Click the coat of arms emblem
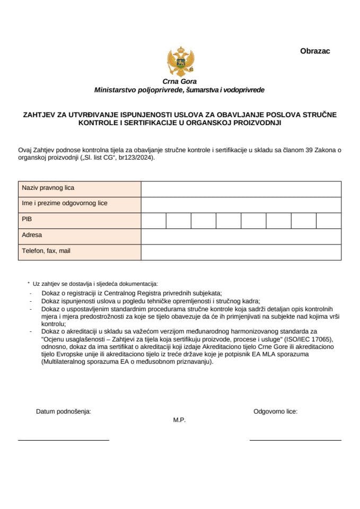179,62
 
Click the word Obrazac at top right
315,51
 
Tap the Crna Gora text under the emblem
180,82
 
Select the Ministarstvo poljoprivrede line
179,90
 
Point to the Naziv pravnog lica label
48,188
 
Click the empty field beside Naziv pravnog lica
241,189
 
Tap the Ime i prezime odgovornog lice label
65,204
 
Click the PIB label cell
27,220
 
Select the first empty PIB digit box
153,220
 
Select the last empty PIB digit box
328,220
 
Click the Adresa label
32,235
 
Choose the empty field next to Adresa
241,236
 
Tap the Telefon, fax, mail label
46,251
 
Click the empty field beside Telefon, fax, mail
241,252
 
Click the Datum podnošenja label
63,411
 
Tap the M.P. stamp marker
179,420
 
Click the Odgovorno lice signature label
275,411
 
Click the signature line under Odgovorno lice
295,440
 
